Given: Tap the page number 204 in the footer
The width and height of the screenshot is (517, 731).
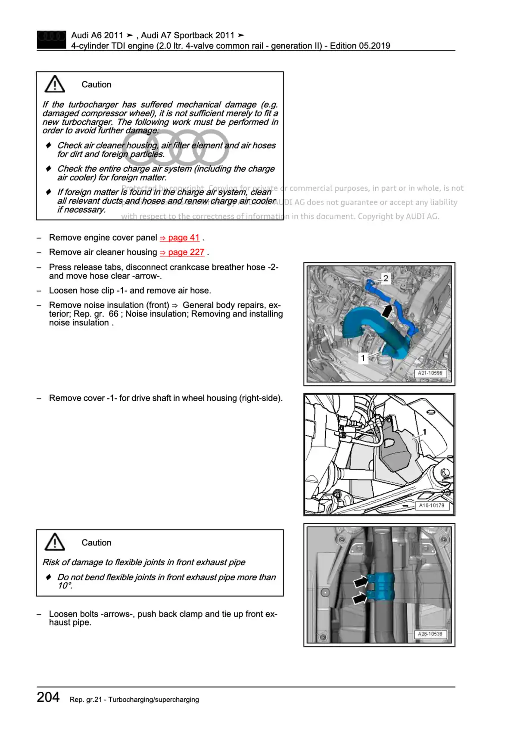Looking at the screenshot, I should (48, 697).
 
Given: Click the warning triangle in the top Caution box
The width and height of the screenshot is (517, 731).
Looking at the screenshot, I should (55, 84).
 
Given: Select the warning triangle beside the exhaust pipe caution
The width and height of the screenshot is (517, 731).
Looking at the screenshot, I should (55, 542).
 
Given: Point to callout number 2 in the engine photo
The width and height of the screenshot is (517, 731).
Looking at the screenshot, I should (386, 279).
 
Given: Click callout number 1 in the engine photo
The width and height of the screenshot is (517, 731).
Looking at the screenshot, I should (363, 358).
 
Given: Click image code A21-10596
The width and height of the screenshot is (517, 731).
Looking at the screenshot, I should (430, 373).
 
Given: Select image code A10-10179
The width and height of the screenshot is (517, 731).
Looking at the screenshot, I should (432, 505).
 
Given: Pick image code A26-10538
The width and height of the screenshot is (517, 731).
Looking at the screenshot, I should (430, 634).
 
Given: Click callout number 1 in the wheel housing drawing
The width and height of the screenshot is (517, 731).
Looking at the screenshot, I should (424, 432).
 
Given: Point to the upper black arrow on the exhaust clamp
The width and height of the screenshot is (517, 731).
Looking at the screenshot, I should (360, 582).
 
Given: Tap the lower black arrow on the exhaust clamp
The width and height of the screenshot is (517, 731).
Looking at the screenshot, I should (360, 598).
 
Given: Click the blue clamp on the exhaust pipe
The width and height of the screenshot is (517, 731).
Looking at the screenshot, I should (381, 587).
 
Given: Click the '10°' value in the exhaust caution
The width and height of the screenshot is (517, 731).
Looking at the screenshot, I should (65, 586).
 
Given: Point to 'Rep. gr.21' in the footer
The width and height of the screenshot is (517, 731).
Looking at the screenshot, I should (85, 700).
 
